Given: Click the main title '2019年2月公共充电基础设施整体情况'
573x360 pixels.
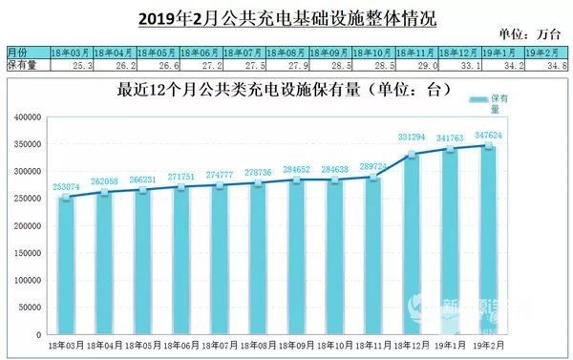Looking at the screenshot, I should pos(286,15).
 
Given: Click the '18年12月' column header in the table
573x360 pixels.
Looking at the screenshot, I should pos(457,51).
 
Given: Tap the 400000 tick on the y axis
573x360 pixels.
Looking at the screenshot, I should pos(32,117).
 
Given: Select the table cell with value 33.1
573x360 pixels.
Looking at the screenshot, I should pos(457,66).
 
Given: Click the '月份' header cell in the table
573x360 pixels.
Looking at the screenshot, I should pos(19,51).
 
